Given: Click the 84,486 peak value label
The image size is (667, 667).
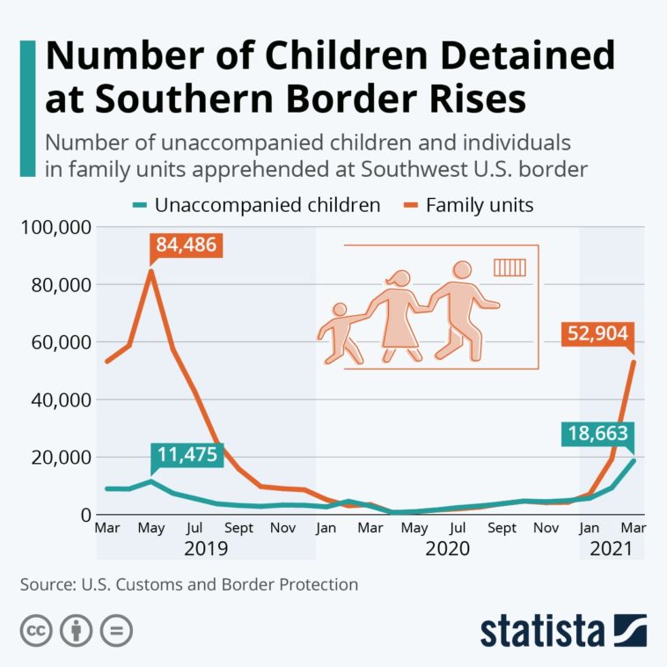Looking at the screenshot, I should [185, 244].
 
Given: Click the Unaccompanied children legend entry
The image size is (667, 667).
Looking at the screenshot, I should [258, 206].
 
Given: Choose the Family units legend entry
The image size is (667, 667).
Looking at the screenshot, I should [470, 206].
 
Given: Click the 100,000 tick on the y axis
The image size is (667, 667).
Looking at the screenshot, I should [55, 227].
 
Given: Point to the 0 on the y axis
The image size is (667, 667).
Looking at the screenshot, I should [84, 515].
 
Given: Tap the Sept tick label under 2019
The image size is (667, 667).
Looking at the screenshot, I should [238, 529].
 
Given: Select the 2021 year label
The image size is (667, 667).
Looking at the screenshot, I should [612, 549].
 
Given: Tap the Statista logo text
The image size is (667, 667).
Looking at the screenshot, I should [543, 630].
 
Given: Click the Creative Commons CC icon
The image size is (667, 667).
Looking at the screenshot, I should [36, 630].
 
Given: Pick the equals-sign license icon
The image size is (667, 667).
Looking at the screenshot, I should [116, 630].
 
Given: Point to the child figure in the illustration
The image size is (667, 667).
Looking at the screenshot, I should [340, 333].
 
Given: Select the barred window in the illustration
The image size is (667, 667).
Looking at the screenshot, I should [508, 268].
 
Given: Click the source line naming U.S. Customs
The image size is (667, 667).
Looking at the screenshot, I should [188, 584].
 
